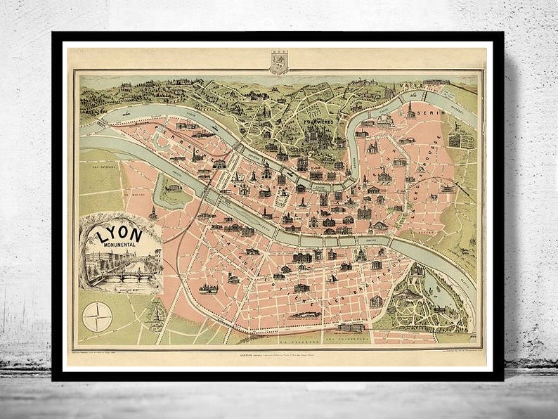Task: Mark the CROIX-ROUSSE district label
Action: tap(429, 163)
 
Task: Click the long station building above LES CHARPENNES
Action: tap(349, 328)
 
